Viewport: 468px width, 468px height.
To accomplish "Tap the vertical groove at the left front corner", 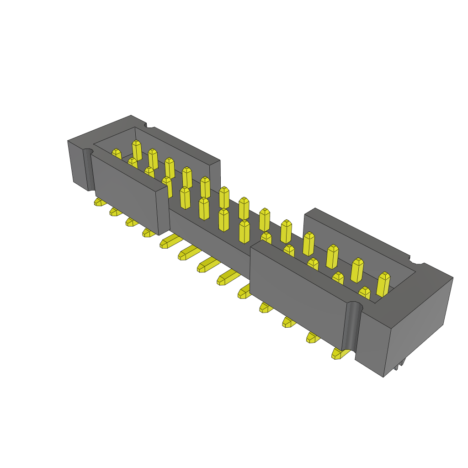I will click(x=88, y=169).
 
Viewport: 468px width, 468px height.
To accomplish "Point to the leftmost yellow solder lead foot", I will click(x=99, y=202).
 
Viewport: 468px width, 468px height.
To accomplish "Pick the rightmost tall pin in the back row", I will click(x=383, y=283).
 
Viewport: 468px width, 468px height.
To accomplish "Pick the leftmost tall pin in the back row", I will click(x=136, y=149).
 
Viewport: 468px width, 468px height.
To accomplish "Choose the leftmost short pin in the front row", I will click(x=117, y=154).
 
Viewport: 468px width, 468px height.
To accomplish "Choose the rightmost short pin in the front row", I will click(x=364, y=292).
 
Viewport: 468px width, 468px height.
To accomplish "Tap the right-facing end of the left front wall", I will click(x=163, y=210).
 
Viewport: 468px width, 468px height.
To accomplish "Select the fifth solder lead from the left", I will click(x=168, y=242).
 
